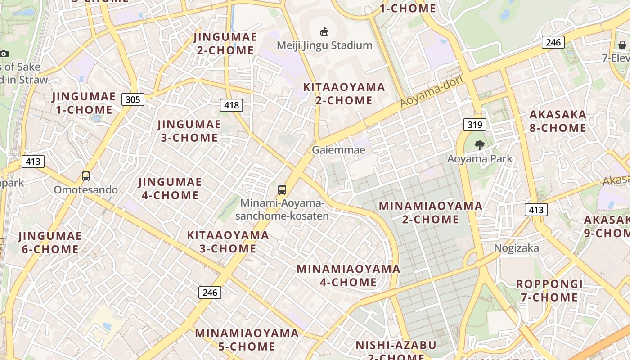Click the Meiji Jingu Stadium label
[x=324, y=45]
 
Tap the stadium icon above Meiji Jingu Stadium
[x=324, y=31]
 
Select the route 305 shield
[x=133, y=99]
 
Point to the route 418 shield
[x=231, y=105]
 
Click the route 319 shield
[x=475, y=125]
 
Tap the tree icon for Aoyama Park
[x=479, y=145]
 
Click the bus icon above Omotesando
[x=86, y=176]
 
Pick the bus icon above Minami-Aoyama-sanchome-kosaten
[x=282, y=190]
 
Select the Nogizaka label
[x=516, y=248]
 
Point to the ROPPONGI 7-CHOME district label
[x=549, y=291]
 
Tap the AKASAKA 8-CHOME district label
[x=558, y=121]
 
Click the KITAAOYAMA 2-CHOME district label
[x=344, y=94]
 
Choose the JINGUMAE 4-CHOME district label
[x=170, y=189]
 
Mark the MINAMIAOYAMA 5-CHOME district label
[x=247, y=340]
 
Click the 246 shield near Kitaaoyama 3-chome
[x=210, y=292]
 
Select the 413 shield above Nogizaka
[x=536, y=210]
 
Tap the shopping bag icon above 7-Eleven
[x=622, y=45]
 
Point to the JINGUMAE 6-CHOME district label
[x=50, y=243]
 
